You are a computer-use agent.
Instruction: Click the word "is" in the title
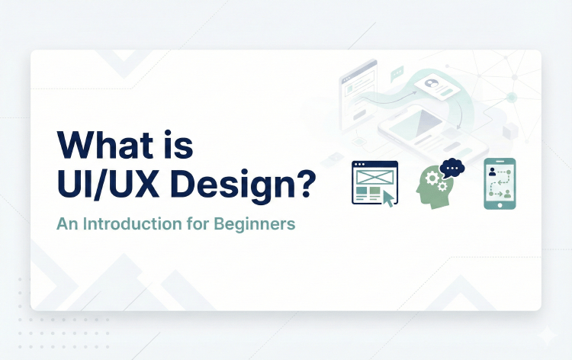click(x=178, y=146)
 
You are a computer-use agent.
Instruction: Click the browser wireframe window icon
click(x=374, y=183)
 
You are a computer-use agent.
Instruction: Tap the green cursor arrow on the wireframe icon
click(x=389, y=198)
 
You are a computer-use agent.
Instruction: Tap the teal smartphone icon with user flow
click(x=500, y=183)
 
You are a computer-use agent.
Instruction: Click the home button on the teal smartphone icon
click(x=500, y=204)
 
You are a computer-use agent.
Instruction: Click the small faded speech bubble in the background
click(x=397, y=74)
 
